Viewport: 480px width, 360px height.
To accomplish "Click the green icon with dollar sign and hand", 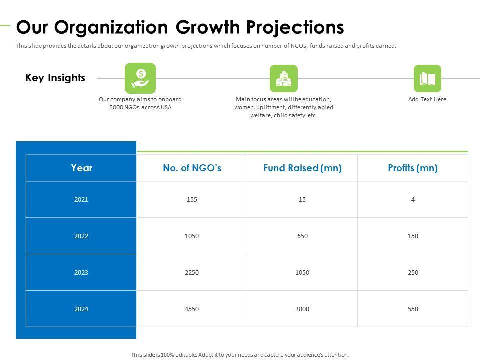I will click(140, 78).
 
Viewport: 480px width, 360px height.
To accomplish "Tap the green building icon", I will click(283, 78).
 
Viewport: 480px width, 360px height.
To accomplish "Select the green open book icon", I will click(427, 78).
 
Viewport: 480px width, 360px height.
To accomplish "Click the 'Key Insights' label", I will click(55, 78).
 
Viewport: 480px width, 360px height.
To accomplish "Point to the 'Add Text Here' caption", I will click(427, 99).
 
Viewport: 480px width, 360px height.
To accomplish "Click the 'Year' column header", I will click(81, 168).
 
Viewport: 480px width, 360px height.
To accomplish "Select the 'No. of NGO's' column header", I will click(192, 168).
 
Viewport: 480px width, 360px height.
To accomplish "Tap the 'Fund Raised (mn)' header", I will click(302, 168).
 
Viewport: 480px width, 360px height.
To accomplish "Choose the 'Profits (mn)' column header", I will click(413, 168).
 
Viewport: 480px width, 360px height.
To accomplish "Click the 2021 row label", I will click(81, 199).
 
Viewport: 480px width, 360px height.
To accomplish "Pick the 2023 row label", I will click(81, 272).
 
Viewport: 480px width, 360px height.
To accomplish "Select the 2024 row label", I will click(81, 309).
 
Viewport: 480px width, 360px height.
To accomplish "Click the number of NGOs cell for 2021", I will click(192, 199).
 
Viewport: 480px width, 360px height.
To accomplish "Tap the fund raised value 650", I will click(302, 236).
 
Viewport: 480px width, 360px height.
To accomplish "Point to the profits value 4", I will click(413, 199).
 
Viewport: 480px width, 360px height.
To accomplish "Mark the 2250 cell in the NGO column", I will click(192, 272).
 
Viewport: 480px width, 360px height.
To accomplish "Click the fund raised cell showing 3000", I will click(302, 309).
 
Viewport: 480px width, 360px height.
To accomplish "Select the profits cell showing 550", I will click(413, 309).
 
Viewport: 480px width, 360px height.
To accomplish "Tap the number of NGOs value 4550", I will click(192, 309).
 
